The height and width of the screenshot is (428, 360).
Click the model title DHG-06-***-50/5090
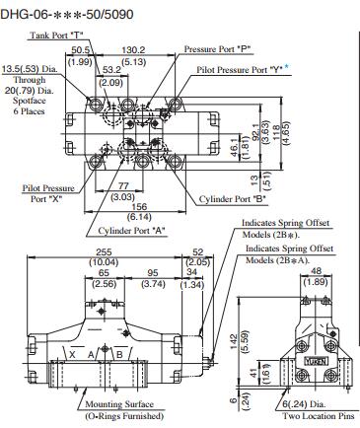pyautogui.click(x=67, y=14)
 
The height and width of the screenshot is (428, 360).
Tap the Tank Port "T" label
pyautogui.click(x=57, y=36)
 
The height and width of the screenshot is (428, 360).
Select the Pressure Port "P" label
pyautogui.click(x=217, y=49)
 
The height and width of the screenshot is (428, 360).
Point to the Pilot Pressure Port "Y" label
pyautogui.click(x=240, y=70)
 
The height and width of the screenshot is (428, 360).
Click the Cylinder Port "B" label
pyautogui.click(x=233, y=199)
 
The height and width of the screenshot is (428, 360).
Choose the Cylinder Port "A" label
pyautogui.click(x=131, y=231)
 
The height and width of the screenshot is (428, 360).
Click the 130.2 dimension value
pyautogui.click(x=133, y=50)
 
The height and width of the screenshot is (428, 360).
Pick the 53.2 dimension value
pyautogui.click(x=111, y=70)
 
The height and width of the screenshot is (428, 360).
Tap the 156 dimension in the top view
pyautogui.click(x=139, y=207)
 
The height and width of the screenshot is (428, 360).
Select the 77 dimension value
pyautogui.click(x=123, y=186)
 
